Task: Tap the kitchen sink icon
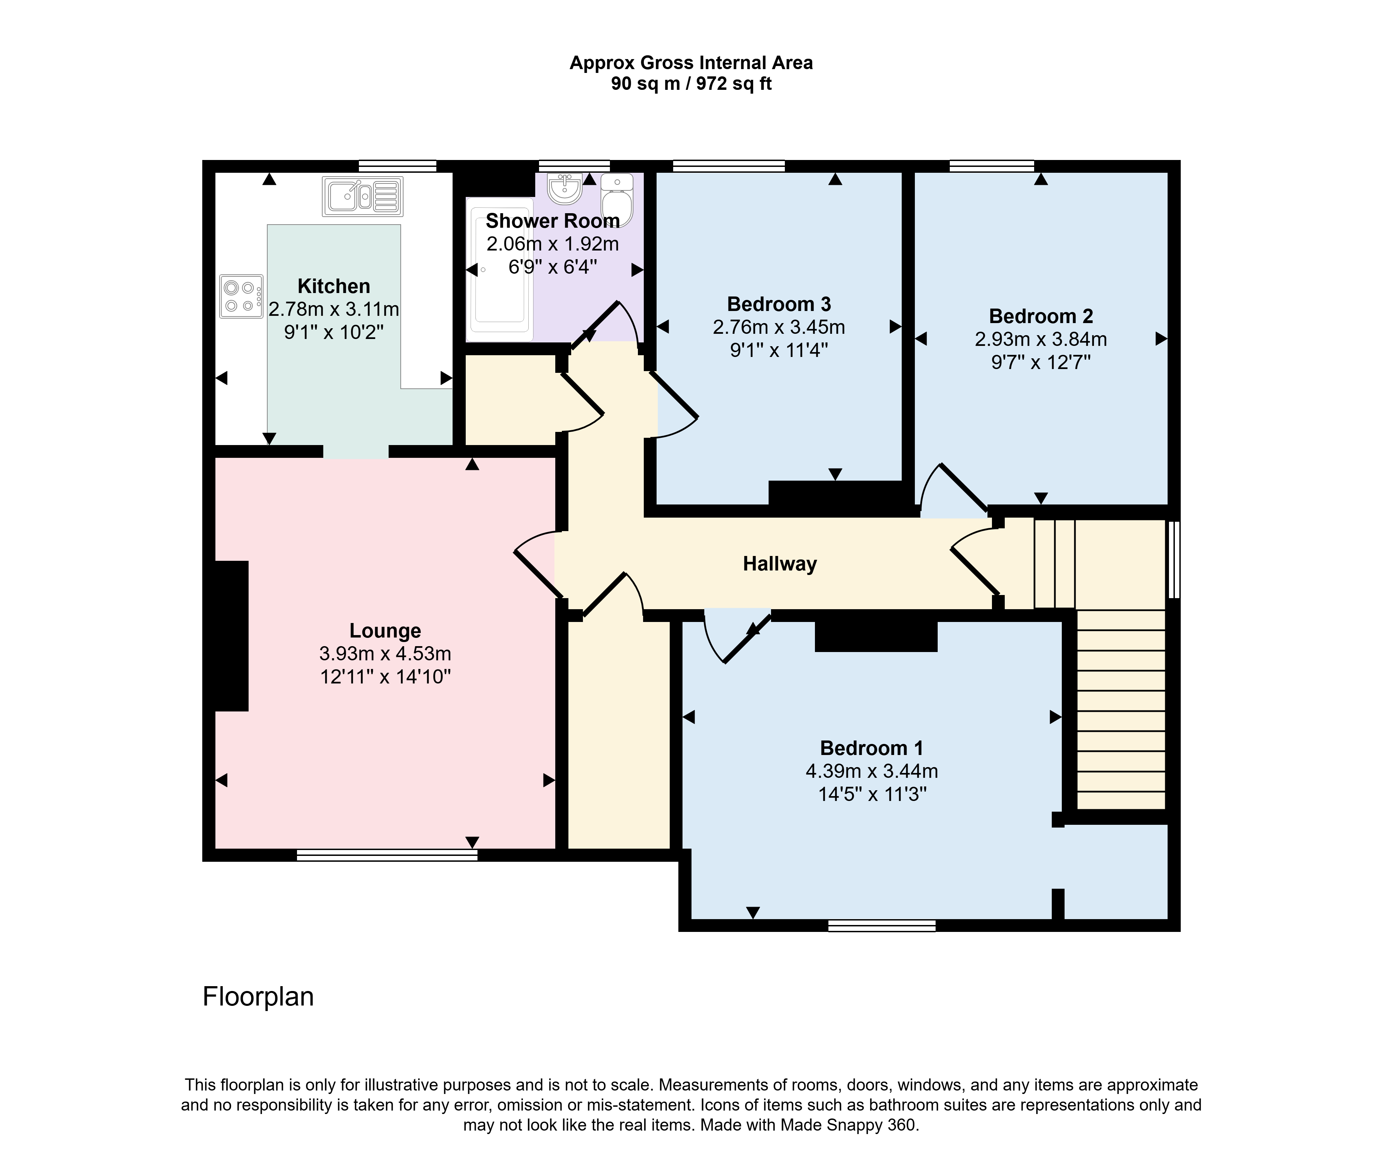(x=362, y=196)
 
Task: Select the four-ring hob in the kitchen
(x=241, y=296)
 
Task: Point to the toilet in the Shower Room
(x=617, y=199)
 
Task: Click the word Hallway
(x=780, y=564)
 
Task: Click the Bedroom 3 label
(x=779, y=304)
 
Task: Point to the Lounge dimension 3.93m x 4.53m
(x=385, y=653)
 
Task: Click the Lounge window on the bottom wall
(x=387, y=855)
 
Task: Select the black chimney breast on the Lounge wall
(x=232, y=636)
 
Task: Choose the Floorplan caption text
(x=258, y=997)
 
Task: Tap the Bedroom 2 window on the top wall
(x=992, y=166)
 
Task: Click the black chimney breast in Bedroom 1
(x=876, y=636)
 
